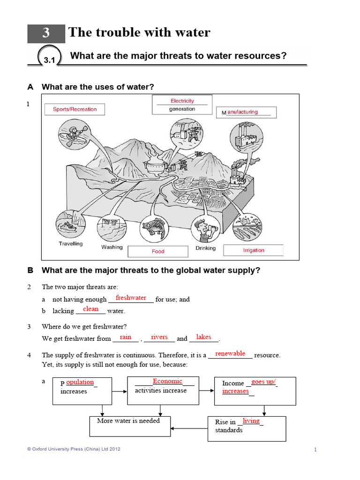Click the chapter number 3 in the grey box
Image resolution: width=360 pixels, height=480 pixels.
(45, 33)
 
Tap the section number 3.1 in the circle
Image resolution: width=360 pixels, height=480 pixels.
(50, 60)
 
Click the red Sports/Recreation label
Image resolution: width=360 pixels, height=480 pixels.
(75, 109)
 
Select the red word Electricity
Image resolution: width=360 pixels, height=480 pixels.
(182, 101)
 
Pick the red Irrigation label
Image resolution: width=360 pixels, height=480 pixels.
(254, 250)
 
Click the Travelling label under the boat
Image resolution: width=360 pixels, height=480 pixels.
(71, 244)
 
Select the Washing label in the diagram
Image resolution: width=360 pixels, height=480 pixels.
(112, 247)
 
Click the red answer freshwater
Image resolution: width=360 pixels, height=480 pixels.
(131, 298)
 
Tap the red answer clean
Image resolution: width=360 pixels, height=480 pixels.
(90, 309)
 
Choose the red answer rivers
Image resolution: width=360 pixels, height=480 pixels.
(159, 337)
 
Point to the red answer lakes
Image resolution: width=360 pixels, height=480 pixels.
(203, 337)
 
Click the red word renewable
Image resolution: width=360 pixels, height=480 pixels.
(230, 353)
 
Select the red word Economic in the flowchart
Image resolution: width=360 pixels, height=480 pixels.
(167, 381)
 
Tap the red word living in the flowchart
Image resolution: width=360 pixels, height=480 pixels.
(251, 421)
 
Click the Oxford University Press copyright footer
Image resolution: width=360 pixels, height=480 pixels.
(74, 449)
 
